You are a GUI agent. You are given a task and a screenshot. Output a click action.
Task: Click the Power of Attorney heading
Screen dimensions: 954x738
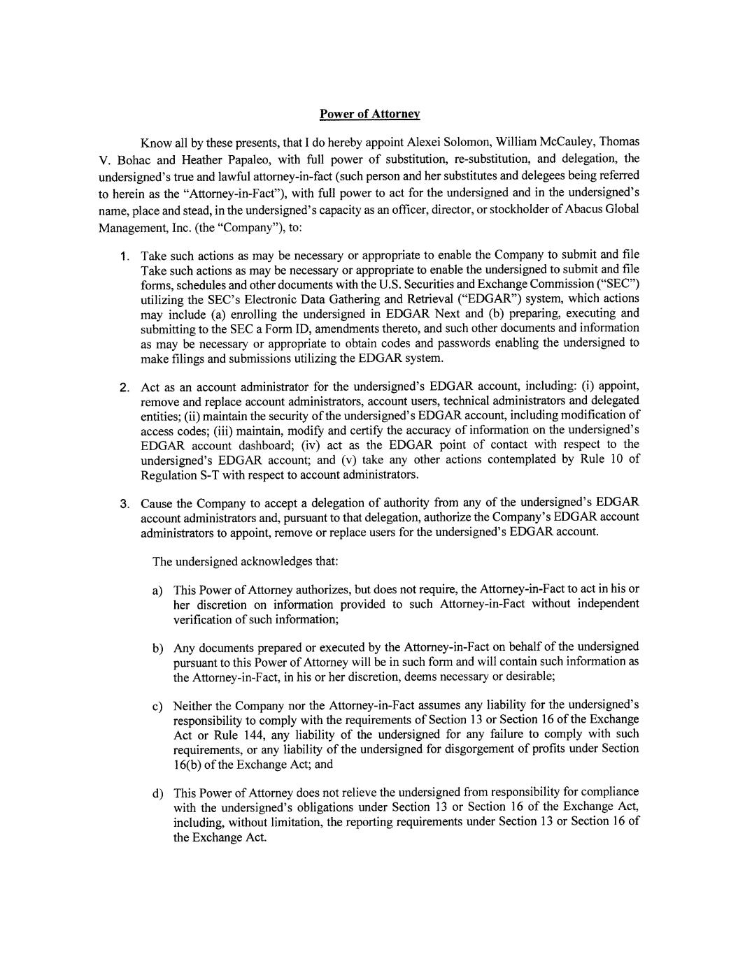point(369,113)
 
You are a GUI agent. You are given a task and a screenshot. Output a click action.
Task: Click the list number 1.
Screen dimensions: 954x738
point(123,256)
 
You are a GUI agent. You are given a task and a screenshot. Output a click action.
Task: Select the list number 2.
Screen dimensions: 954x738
point(123,387)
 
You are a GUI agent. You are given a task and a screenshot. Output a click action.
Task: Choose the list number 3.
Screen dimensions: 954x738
point(123,503)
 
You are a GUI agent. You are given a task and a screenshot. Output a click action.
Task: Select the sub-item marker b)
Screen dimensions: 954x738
point(157,648)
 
